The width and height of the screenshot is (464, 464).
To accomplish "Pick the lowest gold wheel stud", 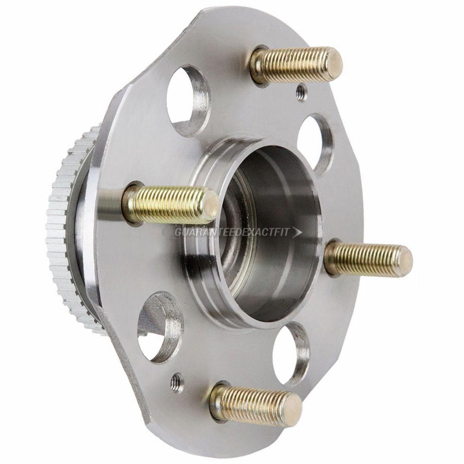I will (255, 402).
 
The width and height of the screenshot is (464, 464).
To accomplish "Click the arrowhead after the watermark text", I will (297, 232).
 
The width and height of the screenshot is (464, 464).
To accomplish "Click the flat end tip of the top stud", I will (333, 64).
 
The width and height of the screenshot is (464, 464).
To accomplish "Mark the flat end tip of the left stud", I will (211, 206).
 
